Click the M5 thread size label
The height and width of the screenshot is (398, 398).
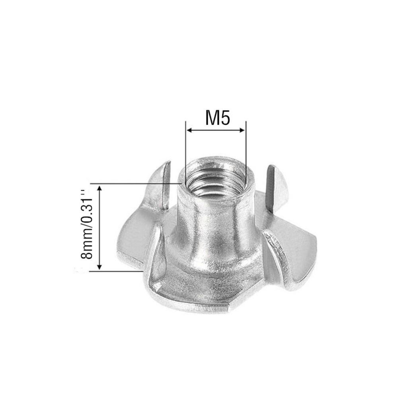218,118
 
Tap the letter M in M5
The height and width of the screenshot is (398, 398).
212,118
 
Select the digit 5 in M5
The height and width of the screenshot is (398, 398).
225,118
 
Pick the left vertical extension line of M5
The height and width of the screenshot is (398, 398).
186,154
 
